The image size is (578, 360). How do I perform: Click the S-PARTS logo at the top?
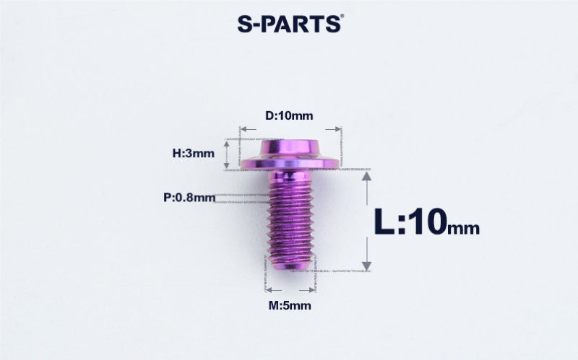288,23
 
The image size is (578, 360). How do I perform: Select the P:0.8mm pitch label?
189,197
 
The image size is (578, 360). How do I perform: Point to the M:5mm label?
290,305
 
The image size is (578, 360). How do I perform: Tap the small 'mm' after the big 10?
464,227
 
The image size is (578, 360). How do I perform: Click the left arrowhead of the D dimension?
243,129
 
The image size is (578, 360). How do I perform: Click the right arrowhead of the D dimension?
335,129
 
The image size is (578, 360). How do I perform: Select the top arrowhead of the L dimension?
366,177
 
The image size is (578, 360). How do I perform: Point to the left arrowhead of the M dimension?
269,289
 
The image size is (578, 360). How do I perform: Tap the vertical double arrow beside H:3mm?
227,153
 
